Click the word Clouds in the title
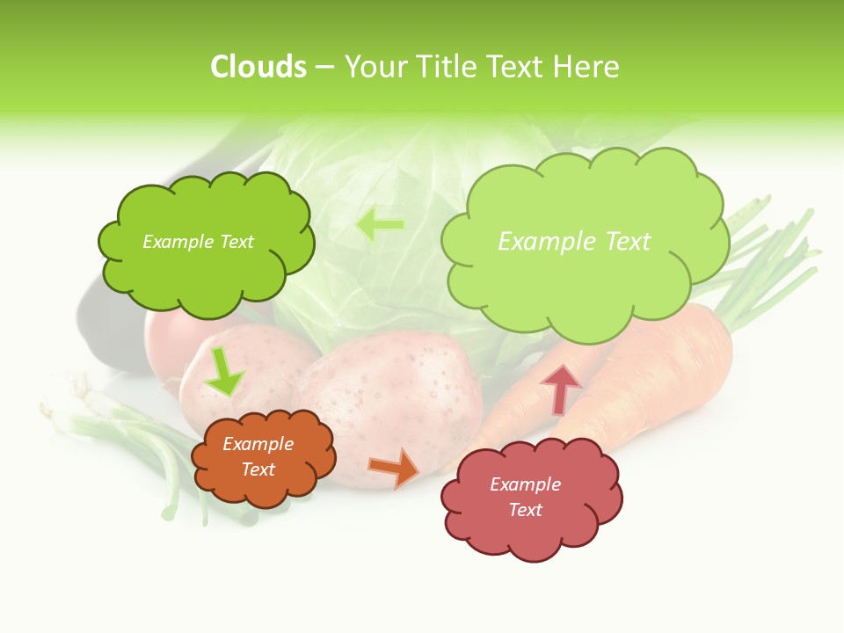[x=258, y=67]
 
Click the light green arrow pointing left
[x=380, y=224]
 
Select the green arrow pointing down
[x=224, y=372]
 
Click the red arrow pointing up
[x=561, y=389]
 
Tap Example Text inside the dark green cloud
[x=198, y=242]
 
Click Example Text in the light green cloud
[x=574, y=242]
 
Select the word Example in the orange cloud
[x=258, y=444]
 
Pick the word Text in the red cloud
[x=525, y=510]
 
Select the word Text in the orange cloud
[x=258, y=469]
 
